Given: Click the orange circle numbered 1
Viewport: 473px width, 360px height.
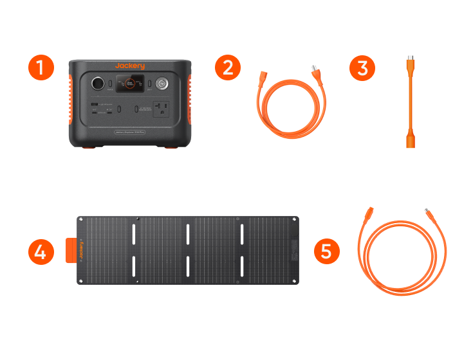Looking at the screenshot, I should [41, 67].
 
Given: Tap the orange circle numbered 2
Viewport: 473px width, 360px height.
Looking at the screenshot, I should [227, 67].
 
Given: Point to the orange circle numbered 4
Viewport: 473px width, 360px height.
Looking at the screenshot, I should [41, 251].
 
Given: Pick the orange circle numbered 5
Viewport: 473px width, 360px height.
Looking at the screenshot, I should [326, 251].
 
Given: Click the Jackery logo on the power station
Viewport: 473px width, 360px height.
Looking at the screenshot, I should [130, 66].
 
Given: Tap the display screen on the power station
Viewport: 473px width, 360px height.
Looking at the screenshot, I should [131, 84].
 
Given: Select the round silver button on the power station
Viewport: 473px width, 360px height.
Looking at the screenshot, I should [162, 84].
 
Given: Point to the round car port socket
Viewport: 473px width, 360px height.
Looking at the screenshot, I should [98, 84].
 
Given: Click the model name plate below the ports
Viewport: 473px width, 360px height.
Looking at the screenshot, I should [130, 132].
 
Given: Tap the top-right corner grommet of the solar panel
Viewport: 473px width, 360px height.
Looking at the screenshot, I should [295, 221].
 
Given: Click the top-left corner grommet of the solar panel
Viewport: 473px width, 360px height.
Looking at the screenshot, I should [80, 221].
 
